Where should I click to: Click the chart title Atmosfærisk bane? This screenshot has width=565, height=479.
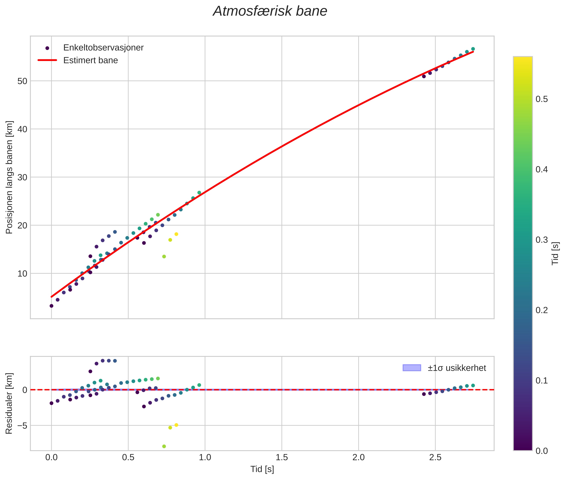[x=270, y=11]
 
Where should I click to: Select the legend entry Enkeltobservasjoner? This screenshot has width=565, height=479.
[x=103, y=48]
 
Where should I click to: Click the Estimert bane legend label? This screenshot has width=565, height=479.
[x=90, y=60]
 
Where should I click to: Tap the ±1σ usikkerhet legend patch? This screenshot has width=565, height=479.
[x=412, y=368]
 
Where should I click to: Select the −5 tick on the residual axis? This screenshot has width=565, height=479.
[x=21, y=426]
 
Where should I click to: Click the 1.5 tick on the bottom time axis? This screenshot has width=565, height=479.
[x=282, y=457]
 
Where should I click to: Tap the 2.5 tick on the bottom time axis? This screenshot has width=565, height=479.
[x=435, y=457]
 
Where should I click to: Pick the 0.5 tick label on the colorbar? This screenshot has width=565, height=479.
[x=541, y=99]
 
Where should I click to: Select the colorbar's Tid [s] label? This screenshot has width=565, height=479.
[x=555, y=253]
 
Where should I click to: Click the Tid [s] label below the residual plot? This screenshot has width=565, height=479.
[x=262, y=469]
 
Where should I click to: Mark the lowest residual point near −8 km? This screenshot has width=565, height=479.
[x=164, y=446]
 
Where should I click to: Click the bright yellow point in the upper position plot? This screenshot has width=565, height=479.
[x=176, y=234]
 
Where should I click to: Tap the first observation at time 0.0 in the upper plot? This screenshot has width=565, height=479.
[x=51, y=306]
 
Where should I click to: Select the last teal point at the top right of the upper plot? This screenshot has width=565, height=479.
[x=473, y=49]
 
